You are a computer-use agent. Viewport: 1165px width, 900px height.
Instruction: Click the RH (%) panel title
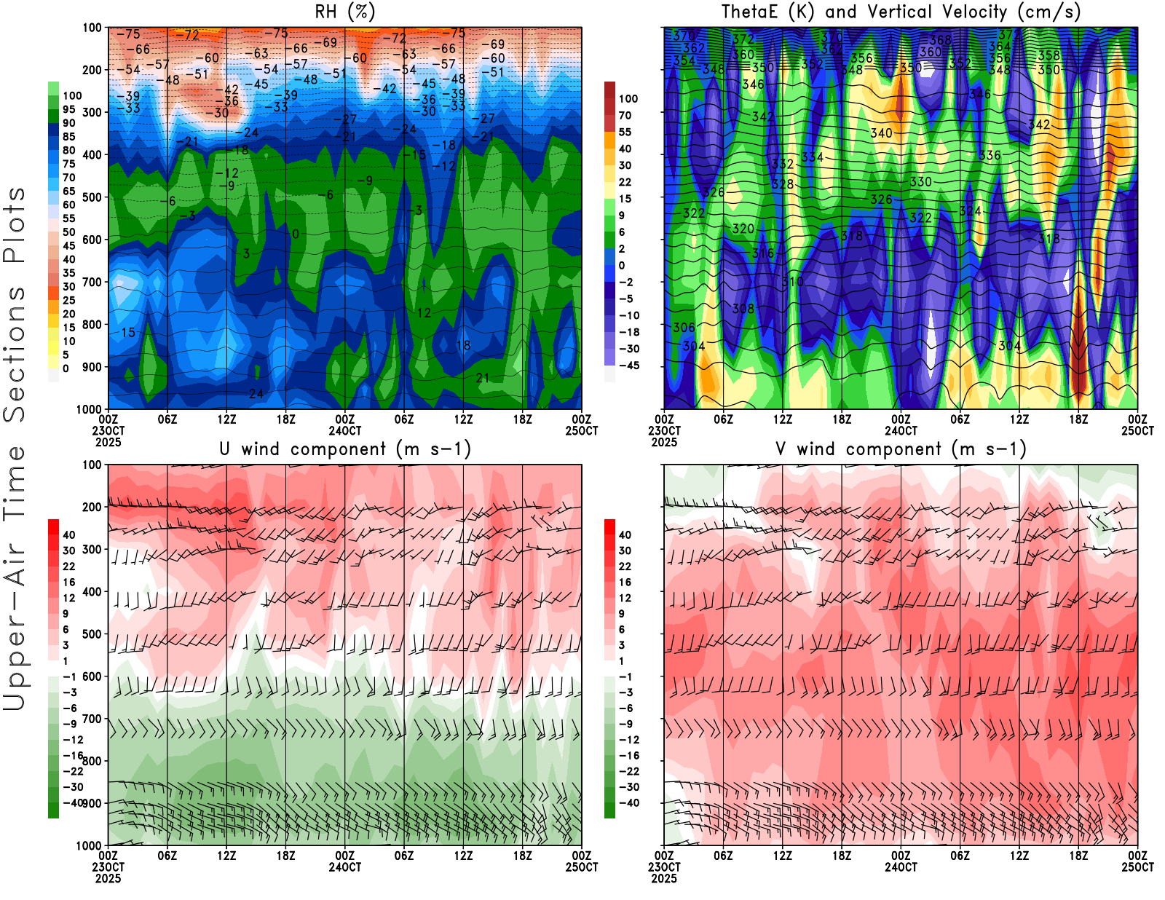[x=344, y=12]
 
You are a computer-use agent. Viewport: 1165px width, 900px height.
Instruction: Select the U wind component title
[x=345, y=449]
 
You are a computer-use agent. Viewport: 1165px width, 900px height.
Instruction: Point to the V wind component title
[x=901, y=449]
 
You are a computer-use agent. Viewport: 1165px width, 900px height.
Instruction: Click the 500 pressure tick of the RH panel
[x=92, y=197]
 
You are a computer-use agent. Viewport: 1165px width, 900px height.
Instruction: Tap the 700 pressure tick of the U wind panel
[x=92, y=719]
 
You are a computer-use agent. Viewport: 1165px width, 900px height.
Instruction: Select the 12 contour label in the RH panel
[x=424, y=313]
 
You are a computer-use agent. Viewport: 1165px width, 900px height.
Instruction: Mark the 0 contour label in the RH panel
[x=295, y=234]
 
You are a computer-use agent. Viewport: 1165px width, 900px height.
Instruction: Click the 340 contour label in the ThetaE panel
[x=881, y=133]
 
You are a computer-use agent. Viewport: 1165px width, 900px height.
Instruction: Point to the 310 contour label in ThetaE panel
[x=792, y=282]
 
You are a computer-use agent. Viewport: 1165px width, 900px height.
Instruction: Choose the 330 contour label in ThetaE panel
[x=920, y=182]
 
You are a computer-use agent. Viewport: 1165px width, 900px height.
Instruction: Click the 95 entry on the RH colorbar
[x=68, y=109]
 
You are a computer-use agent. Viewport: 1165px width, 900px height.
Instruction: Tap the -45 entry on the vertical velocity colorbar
[x=628, y=366]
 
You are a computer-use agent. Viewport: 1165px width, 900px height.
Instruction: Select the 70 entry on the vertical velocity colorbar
[x=625, y=115]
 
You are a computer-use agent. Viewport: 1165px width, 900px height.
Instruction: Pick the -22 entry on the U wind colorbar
[x=73, y=771]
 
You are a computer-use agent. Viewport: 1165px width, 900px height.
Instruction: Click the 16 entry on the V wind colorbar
[x=625, y=582]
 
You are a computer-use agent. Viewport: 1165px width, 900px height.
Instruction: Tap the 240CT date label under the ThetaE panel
[x=901, y=430]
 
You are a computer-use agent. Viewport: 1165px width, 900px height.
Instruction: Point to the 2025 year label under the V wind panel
[x=664, y=878]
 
